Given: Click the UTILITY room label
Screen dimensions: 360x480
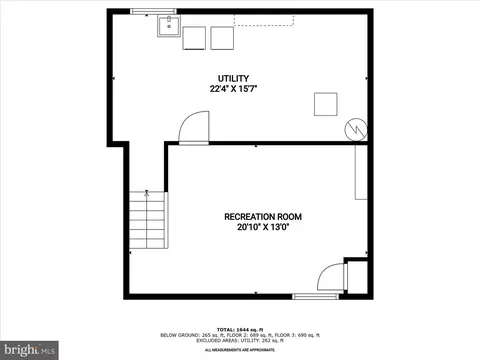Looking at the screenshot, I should point(233,78).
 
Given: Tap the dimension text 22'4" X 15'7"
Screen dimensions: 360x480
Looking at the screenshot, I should point(233,89).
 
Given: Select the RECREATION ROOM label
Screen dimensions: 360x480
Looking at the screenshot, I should point(263,216).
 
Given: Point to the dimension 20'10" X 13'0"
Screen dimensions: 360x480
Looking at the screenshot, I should point(263,227).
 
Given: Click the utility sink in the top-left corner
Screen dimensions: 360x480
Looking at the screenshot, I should point(167,24).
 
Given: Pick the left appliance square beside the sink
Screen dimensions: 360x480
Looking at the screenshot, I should point(194,38).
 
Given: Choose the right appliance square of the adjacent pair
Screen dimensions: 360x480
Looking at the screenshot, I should point(220,38).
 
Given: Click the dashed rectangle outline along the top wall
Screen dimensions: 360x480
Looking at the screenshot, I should point(264,19).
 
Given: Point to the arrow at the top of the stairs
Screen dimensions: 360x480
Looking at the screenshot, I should point(147,191).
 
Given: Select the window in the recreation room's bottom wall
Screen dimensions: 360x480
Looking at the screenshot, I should point(314,296).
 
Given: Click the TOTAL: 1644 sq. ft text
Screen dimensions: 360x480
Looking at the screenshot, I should point(240,328).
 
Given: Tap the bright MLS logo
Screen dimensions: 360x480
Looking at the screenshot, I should point(22,349).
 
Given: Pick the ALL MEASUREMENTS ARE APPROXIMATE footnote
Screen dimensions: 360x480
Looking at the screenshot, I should point(240,350).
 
